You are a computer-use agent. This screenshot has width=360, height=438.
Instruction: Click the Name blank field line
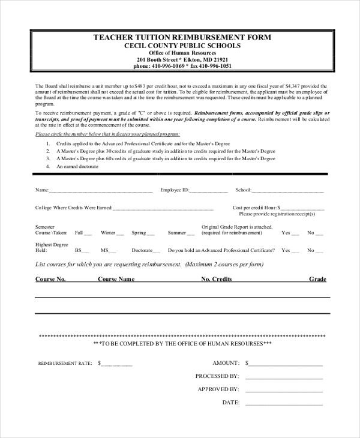click(x=101, y=191)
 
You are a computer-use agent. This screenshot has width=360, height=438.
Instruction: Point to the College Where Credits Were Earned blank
click(x=163, y=209)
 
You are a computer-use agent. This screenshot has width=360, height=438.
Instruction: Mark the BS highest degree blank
click(x=85, y=251)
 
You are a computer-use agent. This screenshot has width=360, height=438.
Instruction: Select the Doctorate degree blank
click(x=157, y=251)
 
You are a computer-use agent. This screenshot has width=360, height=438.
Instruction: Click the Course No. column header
click(x=50, y=280)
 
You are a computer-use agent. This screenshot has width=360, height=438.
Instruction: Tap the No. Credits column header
click(x=216, y=280)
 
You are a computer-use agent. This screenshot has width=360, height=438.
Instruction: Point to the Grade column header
click(x=317, y=280)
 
